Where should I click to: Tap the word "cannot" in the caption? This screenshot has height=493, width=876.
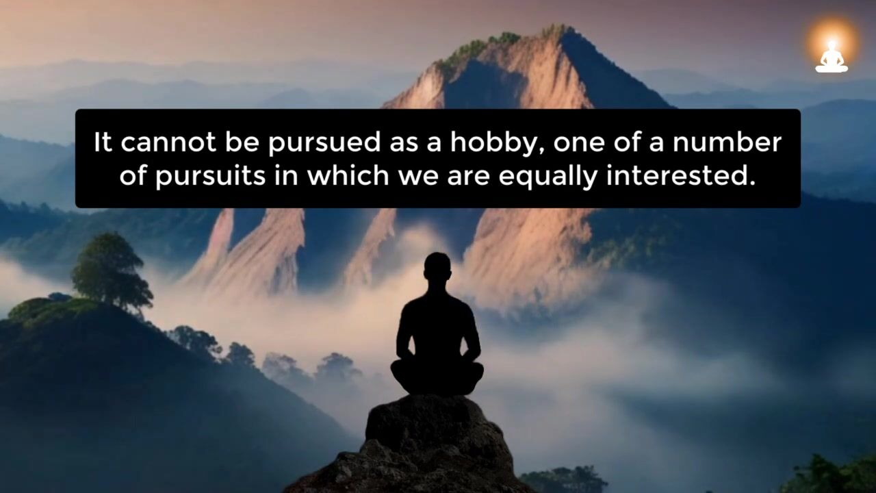click(168, 142)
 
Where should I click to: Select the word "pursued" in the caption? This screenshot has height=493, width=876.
click(324, 143)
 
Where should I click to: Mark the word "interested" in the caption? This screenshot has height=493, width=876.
click(681, 176)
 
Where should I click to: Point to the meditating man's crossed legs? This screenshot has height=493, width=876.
click(437, 377)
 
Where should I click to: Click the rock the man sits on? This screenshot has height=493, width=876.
click(420, 445)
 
